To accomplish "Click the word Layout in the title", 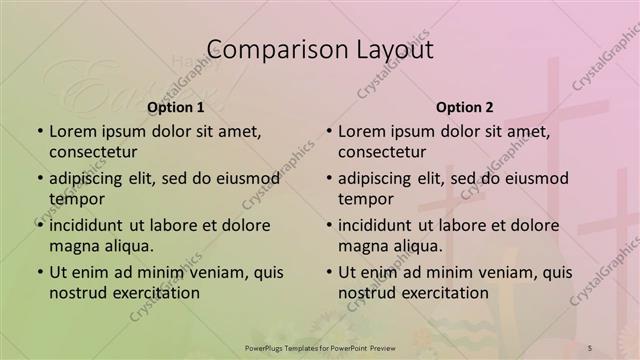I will coord(394,50).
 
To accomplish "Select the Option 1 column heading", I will coord(176,107).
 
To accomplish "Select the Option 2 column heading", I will coord(465,107).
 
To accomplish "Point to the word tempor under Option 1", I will coord(75,200).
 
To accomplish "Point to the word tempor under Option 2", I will coord(364,200).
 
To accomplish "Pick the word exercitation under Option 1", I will coord(155,294).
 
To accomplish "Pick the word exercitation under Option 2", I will coord(444,294).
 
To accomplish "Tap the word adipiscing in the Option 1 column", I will coord(92,178).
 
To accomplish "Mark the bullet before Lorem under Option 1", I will coord(39,131).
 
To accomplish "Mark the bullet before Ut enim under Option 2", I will coord(328,272).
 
